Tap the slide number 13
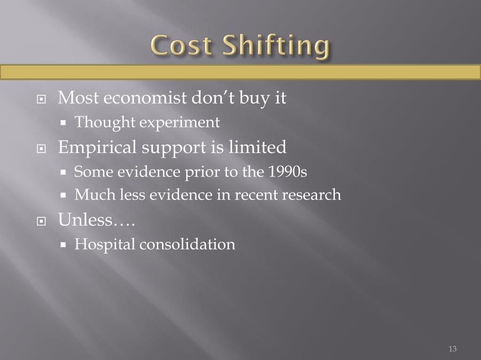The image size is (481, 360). pyautogui.click(x=452, y=349)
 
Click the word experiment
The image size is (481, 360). pyautogui.click(x=180, y=123)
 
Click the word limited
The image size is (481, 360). pyautogui.click(x=257, y=147)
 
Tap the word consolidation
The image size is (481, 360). pyautogui.click(x=188, y=244)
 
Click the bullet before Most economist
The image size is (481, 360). pyautogui.click(x=42, y=100)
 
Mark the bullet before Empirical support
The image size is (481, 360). pyautogui.click(x=42, y=148)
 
